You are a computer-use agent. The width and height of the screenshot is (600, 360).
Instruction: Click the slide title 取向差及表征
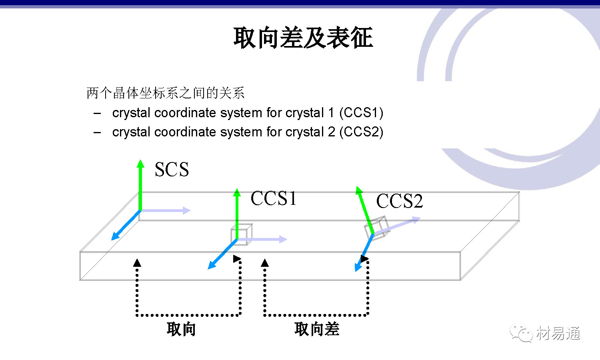coord(303,38)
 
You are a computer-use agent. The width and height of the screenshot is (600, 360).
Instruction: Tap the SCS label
coord(172,170)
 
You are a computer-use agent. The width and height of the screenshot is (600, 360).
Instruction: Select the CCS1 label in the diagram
coord(274,198)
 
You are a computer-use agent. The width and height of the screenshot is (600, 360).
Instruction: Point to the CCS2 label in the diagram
coord(399,201)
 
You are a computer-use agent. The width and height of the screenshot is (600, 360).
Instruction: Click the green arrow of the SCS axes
coord(140,184)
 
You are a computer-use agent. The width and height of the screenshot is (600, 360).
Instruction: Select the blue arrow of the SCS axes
coord(126,225)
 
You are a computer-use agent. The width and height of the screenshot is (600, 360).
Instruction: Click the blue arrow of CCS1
coord(222,254)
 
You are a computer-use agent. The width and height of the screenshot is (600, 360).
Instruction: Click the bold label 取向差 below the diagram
coord(317,329)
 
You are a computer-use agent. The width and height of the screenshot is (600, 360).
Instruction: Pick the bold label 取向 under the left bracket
coord(181,329)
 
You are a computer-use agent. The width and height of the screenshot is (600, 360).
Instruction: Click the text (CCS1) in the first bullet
coord(361,113)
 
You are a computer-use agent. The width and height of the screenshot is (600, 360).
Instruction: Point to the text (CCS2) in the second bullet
coord(361,132)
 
